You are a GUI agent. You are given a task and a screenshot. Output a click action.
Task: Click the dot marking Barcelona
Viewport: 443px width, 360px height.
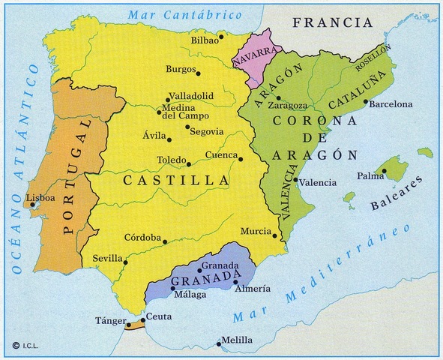[365, 102]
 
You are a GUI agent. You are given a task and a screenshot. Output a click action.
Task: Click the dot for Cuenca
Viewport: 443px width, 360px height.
[241, 159]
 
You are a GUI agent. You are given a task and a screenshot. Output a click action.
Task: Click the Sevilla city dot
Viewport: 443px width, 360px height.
[125, 262]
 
